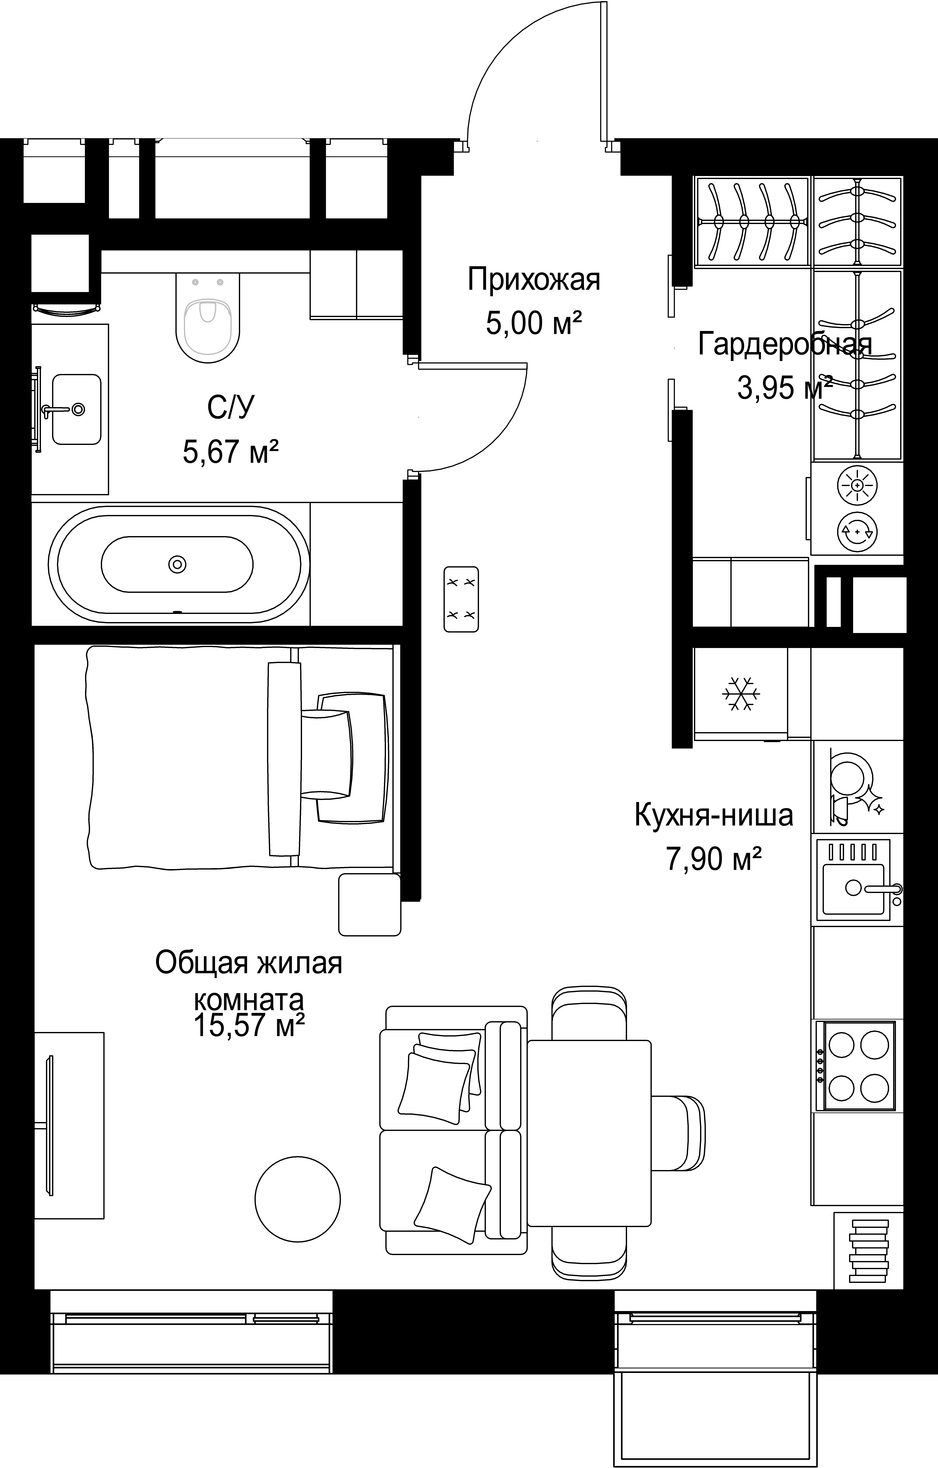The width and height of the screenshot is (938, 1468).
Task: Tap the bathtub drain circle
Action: [x=177, y=565]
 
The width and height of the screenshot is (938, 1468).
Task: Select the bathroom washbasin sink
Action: [x=77, y=409]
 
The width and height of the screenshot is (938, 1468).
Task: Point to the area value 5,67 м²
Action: [x=231, y=452]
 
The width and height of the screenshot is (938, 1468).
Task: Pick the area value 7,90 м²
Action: [x=714, y=858]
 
